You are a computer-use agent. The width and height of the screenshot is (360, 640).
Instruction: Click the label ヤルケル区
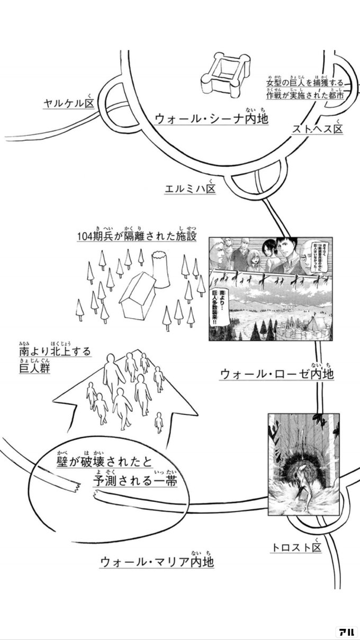pyautogui.click(x=68, y=103)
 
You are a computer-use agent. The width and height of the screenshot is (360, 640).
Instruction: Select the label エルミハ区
pyautogui.click(x=191, y=189)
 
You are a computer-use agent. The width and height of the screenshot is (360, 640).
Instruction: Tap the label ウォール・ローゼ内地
pyautogui.click(x=276, y=374)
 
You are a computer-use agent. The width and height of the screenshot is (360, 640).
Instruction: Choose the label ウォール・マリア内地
pyautogui.click(x=157, y=561)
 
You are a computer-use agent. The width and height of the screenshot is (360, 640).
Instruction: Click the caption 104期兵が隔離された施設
pyautogui.click(x=136, y=235)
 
